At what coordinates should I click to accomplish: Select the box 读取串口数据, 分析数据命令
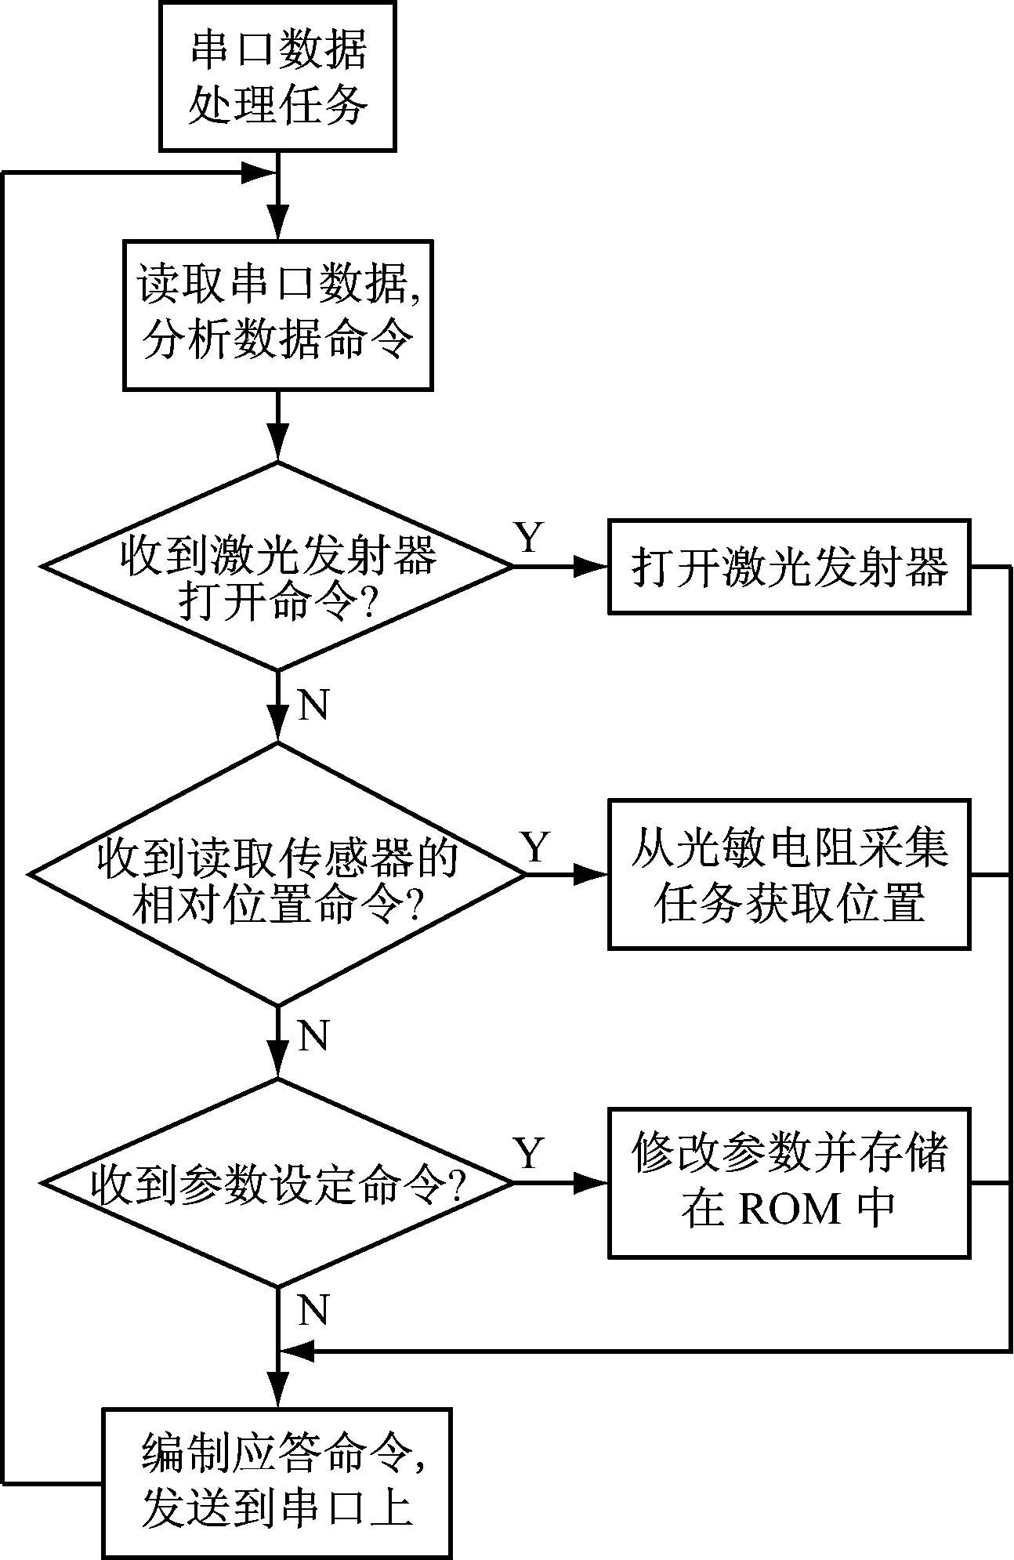[278, 314]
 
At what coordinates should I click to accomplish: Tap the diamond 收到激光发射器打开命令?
[278, 566]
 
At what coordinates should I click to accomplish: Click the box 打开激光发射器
[790, 566]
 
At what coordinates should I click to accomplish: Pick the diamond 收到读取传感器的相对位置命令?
[278, 874]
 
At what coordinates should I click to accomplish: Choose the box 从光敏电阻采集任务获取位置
[790, 874]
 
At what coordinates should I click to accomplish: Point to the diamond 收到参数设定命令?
[278, 1183]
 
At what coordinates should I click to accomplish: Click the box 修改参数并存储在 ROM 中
[790, 1183]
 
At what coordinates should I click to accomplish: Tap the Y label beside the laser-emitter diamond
[529, 538]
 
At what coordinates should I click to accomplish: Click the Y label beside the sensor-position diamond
[536, 847]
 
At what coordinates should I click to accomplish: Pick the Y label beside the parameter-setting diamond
[529, 1154]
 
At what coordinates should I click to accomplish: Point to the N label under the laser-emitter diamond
[313, 706]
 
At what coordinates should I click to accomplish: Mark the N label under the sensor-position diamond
[313, 1036]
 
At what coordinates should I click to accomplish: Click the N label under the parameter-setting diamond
[313, 1310]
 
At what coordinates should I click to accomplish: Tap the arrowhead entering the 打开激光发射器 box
[592, 566]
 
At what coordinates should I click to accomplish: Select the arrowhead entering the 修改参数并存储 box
[592, 1183]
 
